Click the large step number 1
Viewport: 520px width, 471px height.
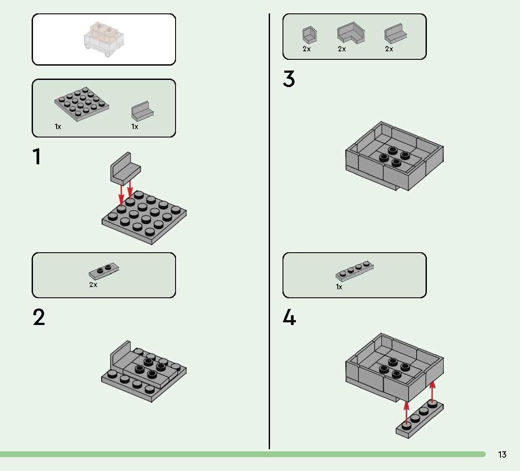tap(37, 157)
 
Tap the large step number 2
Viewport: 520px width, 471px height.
tap(39, 317)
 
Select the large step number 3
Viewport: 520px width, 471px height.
tap(289, 79)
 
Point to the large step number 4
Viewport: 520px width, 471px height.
tap(289, 317)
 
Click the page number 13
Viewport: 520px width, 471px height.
tap(502, 454)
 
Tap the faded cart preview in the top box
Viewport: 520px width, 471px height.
tap(103, 40)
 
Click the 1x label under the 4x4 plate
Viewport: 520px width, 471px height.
tap(58, 127)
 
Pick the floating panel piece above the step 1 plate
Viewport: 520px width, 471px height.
tap(125, 169)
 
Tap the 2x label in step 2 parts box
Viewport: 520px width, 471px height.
tap(93, 285)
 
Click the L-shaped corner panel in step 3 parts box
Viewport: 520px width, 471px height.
tap(351, 34)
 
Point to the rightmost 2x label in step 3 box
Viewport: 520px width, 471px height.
tap(389, 49)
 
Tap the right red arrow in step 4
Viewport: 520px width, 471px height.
tap(432, 392)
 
